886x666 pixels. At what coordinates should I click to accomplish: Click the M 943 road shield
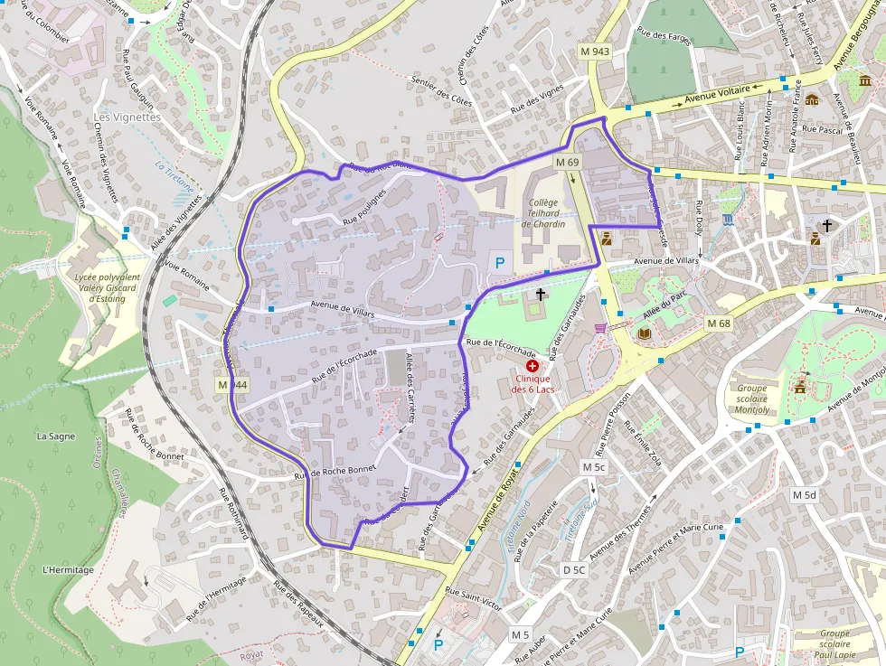tap(596, 52)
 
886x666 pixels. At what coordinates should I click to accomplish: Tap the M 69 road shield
tap(567, 162)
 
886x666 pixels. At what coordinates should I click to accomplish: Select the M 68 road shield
tap(719, 324)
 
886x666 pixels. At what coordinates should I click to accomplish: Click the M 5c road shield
tap(593, 467)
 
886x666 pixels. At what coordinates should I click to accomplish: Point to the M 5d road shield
tap(804, 495)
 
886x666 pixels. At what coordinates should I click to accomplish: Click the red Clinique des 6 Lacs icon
tap(533, 365)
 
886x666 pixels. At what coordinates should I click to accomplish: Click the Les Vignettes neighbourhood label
tap(127, 117)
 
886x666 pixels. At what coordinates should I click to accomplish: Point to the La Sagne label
tap(56, 436)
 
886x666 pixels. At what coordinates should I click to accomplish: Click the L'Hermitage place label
tap(68, 570)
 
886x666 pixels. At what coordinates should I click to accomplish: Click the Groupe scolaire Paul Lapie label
tap(834, 644)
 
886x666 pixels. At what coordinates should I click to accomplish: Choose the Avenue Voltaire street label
tap(718, 95)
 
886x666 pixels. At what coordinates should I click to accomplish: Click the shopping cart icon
tap(600, 327)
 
